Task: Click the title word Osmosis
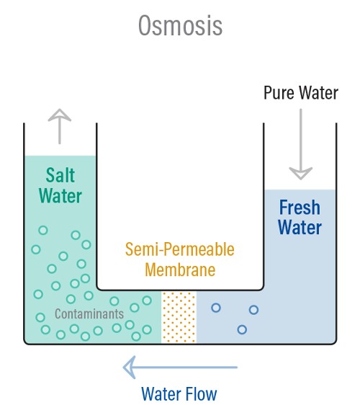[x=181, y=25]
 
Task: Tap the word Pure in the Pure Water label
[x=279, y=93]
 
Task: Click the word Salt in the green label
[x=60, y=175]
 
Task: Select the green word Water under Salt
[x=60, y=196]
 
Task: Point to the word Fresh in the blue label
[x=300, y=208]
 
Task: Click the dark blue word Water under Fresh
[x=300, y=227]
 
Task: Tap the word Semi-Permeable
[x=179, y=249]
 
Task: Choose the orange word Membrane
[x=180, y=270]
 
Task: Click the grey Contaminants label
[x=89, y=314]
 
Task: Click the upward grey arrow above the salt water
[x=60, y=126]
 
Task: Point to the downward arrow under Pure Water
[x=301, y=144]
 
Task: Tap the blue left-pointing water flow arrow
[x=180, y=367]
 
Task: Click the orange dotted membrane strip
[x=179, y=317]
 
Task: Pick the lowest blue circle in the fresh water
[x=242, y=329]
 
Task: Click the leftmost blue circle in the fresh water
[x=216, y=308]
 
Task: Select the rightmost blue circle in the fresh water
[x=253, y=310]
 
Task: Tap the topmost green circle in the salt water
[x=43, y=230]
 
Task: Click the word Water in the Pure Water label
[x=318, y=93]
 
